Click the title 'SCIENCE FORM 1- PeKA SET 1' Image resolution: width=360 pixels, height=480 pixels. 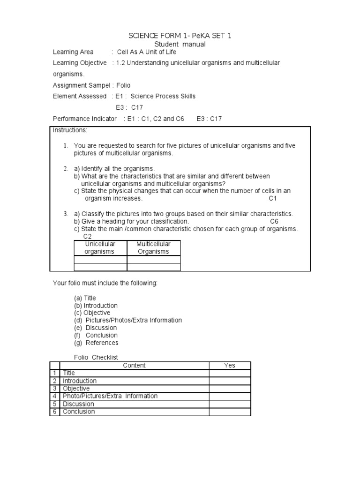click(x=180, y=36)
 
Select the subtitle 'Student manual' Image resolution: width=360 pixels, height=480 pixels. click(x=180, y=44)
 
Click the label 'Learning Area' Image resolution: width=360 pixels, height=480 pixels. click(x=73, y=52)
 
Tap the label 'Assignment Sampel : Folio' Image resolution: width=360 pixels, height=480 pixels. click(x=91, y=85)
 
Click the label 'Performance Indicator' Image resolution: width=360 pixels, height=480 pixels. click(x=85, y=119)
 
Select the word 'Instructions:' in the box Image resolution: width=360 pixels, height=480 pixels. click(x=70, y=129)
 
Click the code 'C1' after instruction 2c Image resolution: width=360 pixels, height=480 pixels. click(x=273, y=198)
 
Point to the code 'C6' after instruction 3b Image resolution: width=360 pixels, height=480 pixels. click(x=274, y=221)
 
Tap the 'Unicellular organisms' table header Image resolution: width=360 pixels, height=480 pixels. click(x=100, y=247)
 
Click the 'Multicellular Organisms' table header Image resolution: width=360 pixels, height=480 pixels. click(x=153, y=247)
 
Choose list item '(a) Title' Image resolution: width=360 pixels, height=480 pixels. click(x=85, y=298)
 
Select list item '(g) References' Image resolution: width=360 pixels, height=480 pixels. click(x=96, y=343)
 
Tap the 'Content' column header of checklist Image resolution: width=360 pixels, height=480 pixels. click(x=134, y=366)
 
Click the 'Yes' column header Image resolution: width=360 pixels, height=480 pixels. click(x=230, y=366)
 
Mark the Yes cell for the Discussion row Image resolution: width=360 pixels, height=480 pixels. click(x=230, y=404)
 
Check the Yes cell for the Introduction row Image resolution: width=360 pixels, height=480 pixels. click(x=230, y=381)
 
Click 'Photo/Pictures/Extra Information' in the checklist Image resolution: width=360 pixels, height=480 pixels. click(x=110, y=396)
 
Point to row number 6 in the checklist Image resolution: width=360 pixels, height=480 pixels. click(x=54, y=412)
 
